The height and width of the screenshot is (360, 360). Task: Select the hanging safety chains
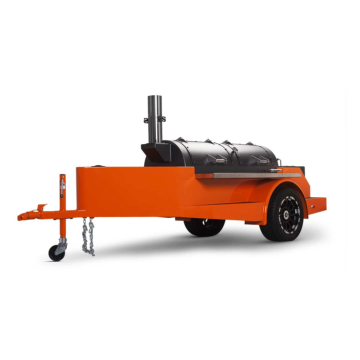tap(88, 237)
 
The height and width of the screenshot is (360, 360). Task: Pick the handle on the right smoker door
tap(264, 162)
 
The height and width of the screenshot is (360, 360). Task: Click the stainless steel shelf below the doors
tap(257, 175)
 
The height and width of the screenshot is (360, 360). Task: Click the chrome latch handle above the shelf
tap(275, 170)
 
